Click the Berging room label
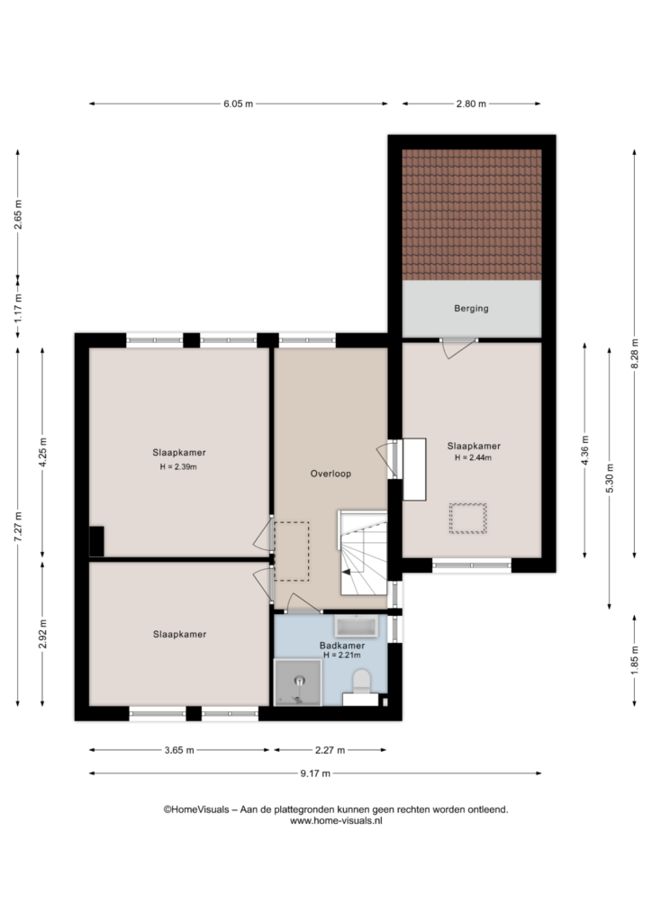(x=471, y=308)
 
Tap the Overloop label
(x=331, y=474)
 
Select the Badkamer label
(x=342, y=645)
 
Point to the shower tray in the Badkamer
(x=298, y=682)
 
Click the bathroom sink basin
(x=357, y=627)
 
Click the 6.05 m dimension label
(x=238, y=104)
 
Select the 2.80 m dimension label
(x=471, y=104)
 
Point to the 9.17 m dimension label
(x=315, y=773)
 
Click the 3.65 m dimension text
(x=178, y=750)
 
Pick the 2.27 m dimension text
(x=330, y=750)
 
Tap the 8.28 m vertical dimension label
(x=634, y=354)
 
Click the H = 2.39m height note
(x=178, y=467)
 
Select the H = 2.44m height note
(x=473, y=457)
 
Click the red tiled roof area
(x=472, y=214)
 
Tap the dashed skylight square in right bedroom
(x=468, y=518)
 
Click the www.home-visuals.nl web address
(x=336, y=821)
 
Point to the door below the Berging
(x=459, y=348)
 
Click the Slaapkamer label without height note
(x=179, y=634)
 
